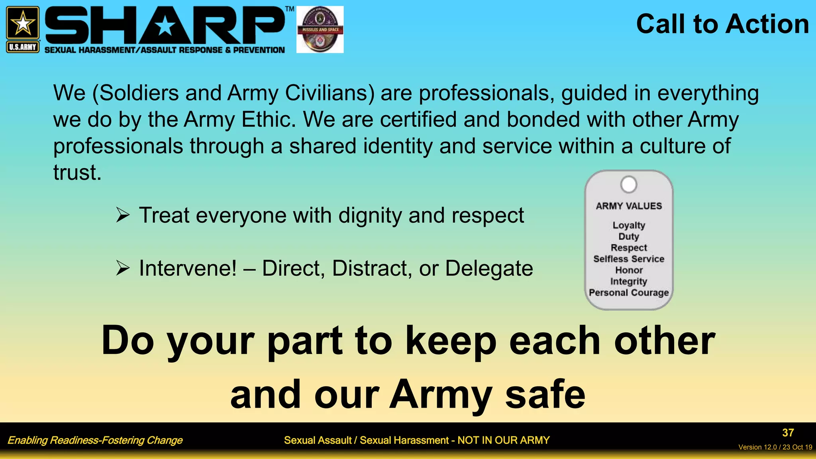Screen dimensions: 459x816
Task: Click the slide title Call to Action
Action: pyautogui.click(x=722, y=24)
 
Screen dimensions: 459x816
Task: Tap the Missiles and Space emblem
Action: pyautogui.click(x=320, y=29)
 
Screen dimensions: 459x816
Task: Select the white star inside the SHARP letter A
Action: pyautogui.click(x=165, y=27)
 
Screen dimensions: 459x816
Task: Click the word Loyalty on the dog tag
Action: pyautogui.click(x=629, y=225)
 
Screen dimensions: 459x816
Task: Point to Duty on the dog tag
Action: pyautogui.click(x=629, y=236)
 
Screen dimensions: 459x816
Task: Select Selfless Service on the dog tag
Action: pyautogui.click(x=629, y=259)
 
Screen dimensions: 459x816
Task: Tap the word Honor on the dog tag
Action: pyautogui.click(x=629, y=270)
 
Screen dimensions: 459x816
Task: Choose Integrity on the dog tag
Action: pyautogui.click(x=629, y=281)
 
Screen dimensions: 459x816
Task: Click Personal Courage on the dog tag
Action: pyautogui.click(x=629, y=292)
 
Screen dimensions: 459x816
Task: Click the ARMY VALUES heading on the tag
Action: pyautogui.click(x=629, y=206)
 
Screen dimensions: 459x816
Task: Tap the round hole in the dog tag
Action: pyautogui.click(x=629, y=184)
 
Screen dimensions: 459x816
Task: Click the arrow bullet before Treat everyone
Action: pyautogui.click(x=123, y=215)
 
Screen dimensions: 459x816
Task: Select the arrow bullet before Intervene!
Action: pyautogui.click(x=123, y=268)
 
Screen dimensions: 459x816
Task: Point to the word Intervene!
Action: pyautogui.click(x=188, y=268)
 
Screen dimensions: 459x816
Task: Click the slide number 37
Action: pyautogui.click(x=788, y=433)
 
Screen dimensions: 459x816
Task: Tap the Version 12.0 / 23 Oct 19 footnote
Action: pyautogui.click(x=775, y=447)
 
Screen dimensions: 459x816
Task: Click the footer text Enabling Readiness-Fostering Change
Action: pyautogui.click(x=95, y=440)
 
